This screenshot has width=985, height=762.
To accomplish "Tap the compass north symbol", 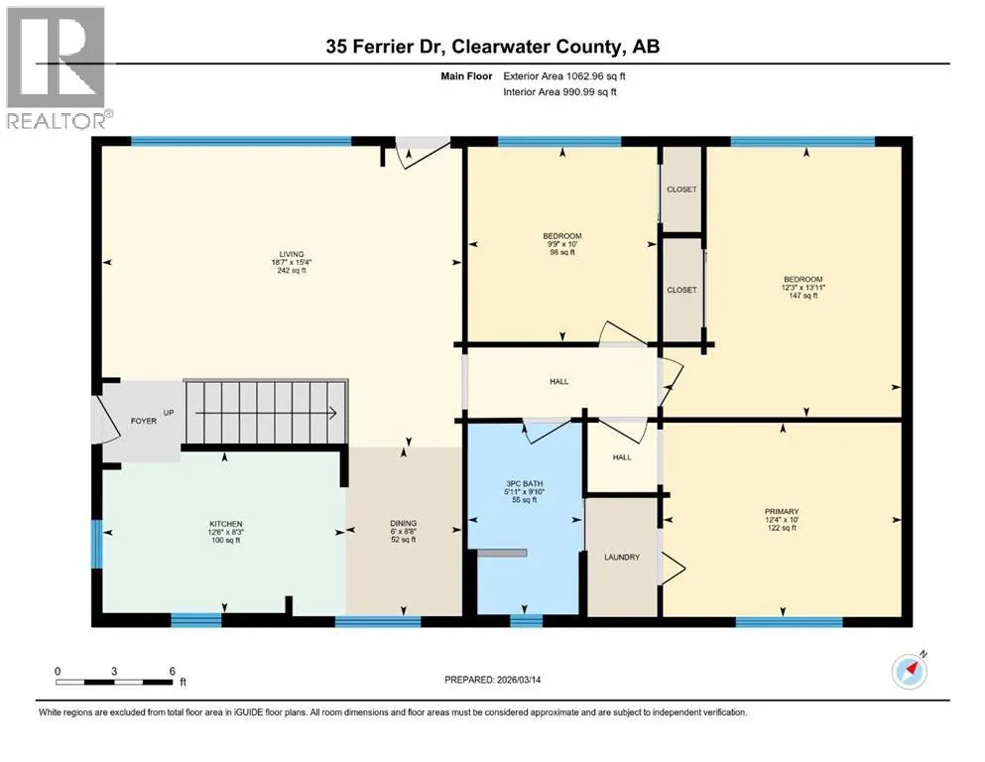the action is pos(909,671).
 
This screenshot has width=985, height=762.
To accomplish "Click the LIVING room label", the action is pos(292,262).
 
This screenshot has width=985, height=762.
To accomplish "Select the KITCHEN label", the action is pos(225,532).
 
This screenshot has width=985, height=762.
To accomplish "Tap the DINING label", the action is pos(404,531).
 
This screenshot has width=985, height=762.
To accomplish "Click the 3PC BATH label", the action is pos(525,492).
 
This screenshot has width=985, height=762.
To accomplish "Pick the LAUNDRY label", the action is pos(622,558).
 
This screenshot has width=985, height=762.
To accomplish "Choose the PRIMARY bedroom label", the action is pos(782,520).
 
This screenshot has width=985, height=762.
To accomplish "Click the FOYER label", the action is pos(144,421).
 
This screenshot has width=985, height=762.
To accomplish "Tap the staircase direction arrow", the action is pos(267,413).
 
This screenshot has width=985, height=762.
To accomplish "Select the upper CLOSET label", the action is pos(681,190).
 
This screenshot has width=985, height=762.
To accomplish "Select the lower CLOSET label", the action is pos(681,290).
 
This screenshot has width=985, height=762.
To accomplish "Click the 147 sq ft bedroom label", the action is pos(802,287).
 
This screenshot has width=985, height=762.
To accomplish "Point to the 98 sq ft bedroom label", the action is pos(562,244).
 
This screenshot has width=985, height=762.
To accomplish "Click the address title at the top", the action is pos(492,47).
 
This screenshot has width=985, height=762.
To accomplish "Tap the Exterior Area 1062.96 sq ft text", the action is pos(564,76).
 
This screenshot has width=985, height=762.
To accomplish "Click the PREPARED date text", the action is pos(492,680).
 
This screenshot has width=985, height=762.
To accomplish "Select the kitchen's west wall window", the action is pos(97,544).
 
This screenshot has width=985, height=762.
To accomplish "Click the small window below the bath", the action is pos(526,621).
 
